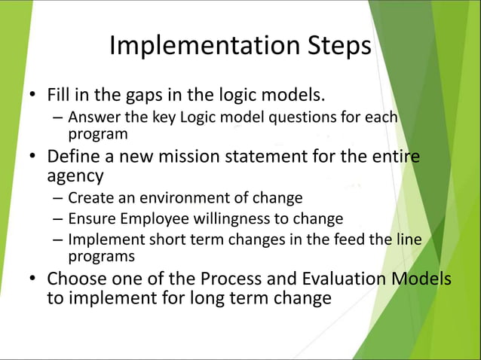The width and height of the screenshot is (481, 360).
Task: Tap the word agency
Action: pos(75,176)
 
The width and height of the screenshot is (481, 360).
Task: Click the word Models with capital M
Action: pos(421,279)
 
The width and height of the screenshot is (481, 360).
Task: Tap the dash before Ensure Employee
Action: pos(58,219)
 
